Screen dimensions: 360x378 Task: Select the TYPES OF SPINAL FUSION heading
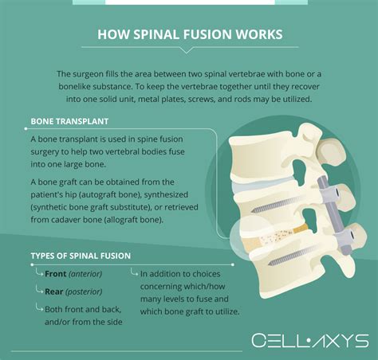pyautogui.click(x=81, y=256)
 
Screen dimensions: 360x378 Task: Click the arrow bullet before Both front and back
pyautogui.click(x=38, y=307)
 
